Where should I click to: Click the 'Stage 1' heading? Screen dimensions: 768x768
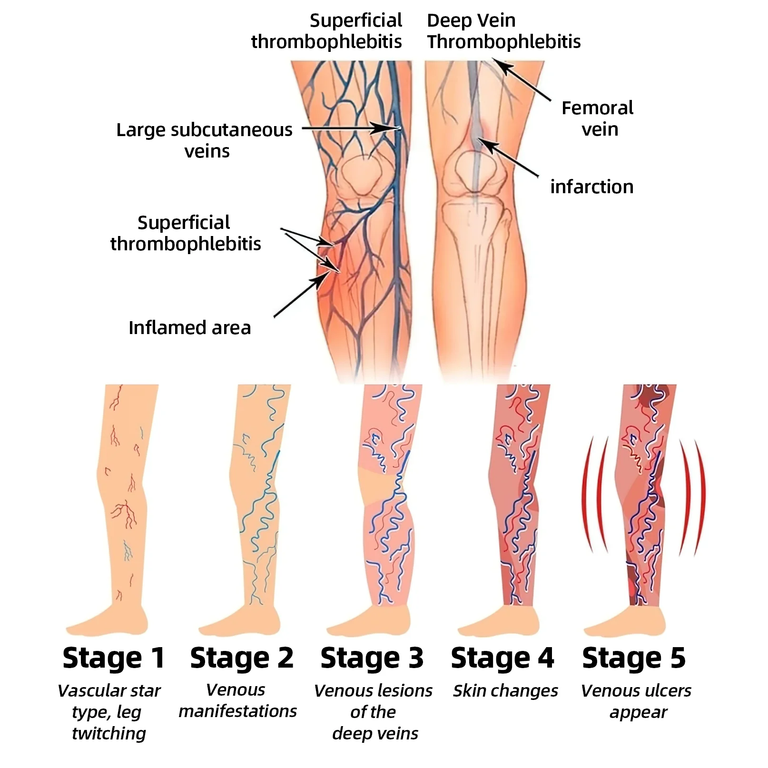(x=114, y=658)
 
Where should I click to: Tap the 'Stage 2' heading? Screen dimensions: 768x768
(x=242, y=658)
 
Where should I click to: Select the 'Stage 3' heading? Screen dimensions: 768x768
(x=372, y=658)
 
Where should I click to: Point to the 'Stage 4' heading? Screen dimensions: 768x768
(x=502, y=658)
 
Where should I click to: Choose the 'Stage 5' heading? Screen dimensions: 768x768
(x=634, y=658)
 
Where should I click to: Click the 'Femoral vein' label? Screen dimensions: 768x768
(x=598, y=118)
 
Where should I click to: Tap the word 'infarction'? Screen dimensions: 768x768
(x=592, y=187)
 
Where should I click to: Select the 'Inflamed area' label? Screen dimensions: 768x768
(x=189, y=328)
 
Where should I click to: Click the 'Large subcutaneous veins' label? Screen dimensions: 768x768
(x=205, y=140)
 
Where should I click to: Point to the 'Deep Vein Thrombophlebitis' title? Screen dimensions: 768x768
(x=503, y=31)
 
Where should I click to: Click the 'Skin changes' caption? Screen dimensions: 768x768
(x=505, y=690)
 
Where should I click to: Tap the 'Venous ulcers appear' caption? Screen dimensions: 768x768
(x=636, y=701)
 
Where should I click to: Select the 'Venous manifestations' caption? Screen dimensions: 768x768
(x=237, y=700)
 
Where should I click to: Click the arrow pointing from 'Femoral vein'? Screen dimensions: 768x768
(x=522, y=79)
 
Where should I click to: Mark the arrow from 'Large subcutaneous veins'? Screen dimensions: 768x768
(x=350, y=128)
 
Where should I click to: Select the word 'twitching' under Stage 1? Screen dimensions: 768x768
(x=109, y=733)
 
